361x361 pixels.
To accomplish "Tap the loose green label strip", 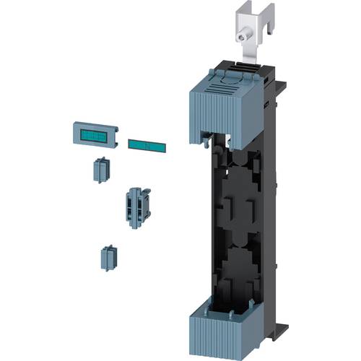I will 147,145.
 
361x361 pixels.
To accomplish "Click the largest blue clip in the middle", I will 134,208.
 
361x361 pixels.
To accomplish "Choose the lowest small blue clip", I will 108,258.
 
